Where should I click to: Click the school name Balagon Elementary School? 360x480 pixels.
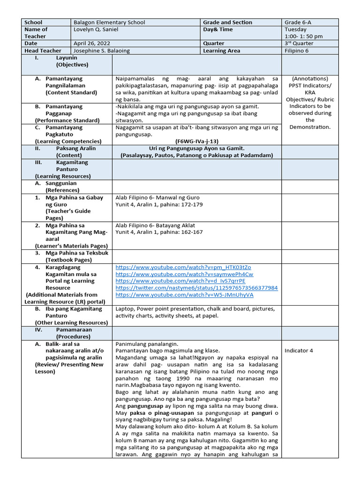coord(109,22)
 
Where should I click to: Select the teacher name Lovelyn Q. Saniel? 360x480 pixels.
coord(96,30)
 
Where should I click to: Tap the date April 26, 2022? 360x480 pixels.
coord(90,44)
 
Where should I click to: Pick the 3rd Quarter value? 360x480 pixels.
coord(299,44)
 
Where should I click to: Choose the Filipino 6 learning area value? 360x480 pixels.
coord(297,51)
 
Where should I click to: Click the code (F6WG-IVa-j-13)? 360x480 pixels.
coord(196,141)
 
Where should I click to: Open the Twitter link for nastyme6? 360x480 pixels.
coord(196,288)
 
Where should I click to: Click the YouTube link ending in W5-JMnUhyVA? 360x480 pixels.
coord(184,295)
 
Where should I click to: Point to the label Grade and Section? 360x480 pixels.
coord(227,22)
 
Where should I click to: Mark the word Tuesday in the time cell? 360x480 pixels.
coord(295,29)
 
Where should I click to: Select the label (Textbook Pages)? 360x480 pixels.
coord(68,260)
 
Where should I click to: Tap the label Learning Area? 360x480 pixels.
coord(222,51)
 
